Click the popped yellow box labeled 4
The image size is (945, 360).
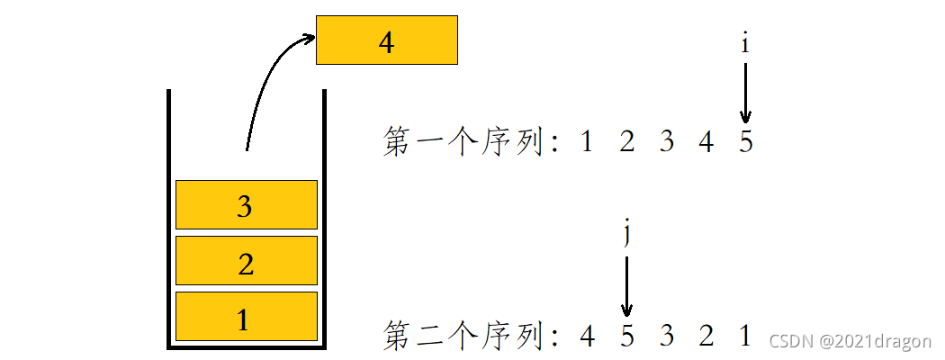(387, 40)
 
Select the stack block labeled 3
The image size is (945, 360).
(246, 205)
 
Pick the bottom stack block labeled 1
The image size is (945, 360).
(246, 317)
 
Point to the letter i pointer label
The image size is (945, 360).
(745, 44)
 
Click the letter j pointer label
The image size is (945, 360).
(626, 234)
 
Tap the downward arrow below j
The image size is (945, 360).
(626, 286)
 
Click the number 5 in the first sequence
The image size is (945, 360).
(745, 142)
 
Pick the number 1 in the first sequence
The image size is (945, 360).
(587, 142)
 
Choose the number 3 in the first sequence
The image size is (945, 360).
(666, 142)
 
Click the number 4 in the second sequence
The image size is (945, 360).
(587, 336)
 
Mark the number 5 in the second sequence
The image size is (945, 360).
(626, 336)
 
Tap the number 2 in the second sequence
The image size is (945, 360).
(706, 336)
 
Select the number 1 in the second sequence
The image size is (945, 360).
(745, 336)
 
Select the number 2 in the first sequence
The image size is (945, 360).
(626, 142)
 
